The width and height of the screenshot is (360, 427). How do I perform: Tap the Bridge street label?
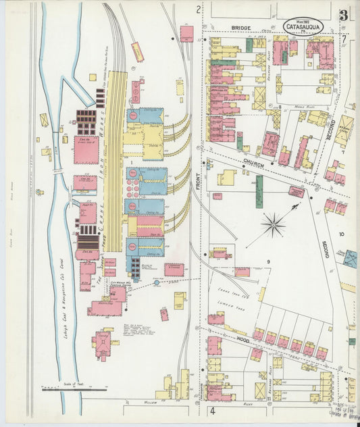click(241, 28)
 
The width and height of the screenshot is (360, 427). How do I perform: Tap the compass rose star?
click(274, 224)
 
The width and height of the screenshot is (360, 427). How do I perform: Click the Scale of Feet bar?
click(74, 389)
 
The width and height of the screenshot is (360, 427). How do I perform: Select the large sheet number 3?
click(344, 15)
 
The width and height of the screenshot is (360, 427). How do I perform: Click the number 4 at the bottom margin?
click(211, 410)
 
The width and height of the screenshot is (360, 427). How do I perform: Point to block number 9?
click(267, 261)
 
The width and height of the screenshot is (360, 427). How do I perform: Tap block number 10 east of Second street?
click(342, 234)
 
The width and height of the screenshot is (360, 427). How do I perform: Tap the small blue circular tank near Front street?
click(157, 283)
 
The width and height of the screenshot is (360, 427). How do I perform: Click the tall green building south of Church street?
click(259, 192)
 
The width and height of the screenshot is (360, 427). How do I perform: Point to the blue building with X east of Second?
click(349, 259)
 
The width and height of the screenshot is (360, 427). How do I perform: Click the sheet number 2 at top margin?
click(198, 9)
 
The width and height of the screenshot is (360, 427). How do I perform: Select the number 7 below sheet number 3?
click(344, 39)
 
